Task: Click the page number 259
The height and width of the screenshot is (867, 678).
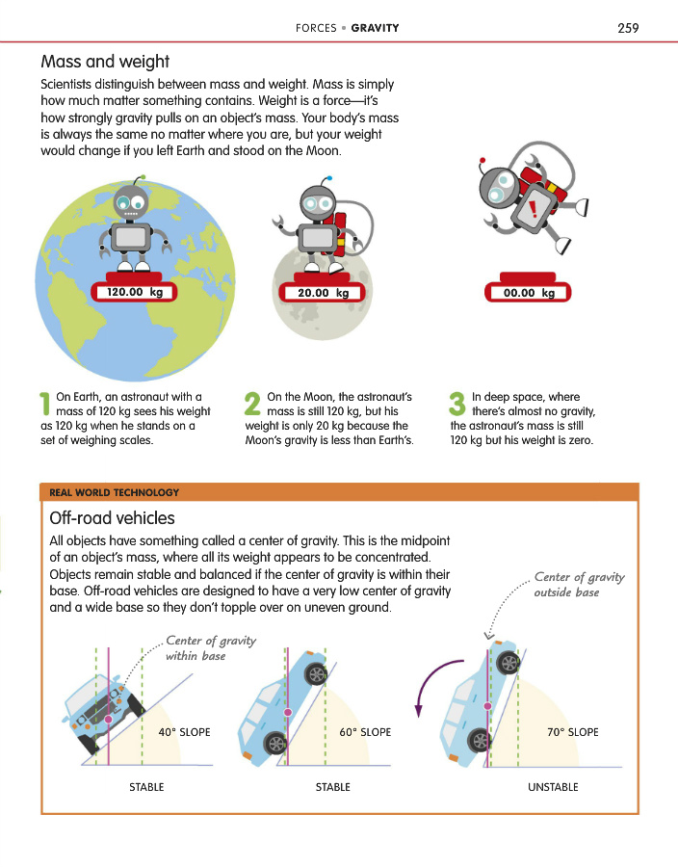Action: point(628,28)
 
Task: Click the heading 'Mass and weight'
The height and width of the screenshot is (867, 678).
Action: point(105,62)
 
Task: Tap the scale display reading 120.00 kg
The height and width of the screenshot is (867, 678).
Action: point(134,292)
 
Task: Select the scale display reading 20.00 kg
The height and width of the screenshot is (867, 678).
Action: point(323,293)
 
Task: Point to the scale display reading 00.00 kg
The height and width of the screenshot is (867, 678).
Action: point(529,293)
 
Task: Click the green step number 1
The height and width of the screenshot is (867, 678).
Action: point(45,404)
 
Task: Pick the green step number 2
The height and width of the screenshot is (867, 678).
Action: point(252,404)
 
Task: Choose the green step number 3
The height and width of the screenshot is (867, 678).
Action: point(457,404)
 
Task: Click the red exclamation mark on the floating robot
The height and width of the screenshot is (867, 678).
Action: point(533,209)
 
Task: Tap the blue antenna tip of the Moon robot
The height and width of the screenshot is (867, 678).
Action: point(330,178)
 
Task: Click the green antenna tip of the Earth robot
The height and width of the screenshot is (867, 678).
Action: point(143,177)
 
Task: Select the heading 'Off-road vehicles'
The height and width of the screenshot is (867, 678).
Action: point(112,518)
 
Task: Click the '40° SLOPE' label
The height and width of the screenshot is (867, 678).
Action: point(185,732)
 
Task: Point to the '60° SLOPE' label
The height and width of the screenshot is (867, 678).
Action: point(365,732)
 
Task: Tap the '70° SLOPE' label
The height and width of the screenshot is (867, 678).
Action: point(573,732)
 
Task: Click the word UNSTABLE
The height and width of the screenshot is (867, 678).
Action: point(553,787)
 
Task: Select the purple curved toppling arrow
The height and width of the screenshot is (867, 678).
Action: point(426,679)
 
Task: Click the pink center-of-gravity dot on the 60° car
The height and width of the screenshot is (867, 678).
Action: point(287,712)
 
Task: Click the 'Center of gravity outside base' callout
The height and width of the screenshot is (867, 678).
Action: point(579,585)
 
